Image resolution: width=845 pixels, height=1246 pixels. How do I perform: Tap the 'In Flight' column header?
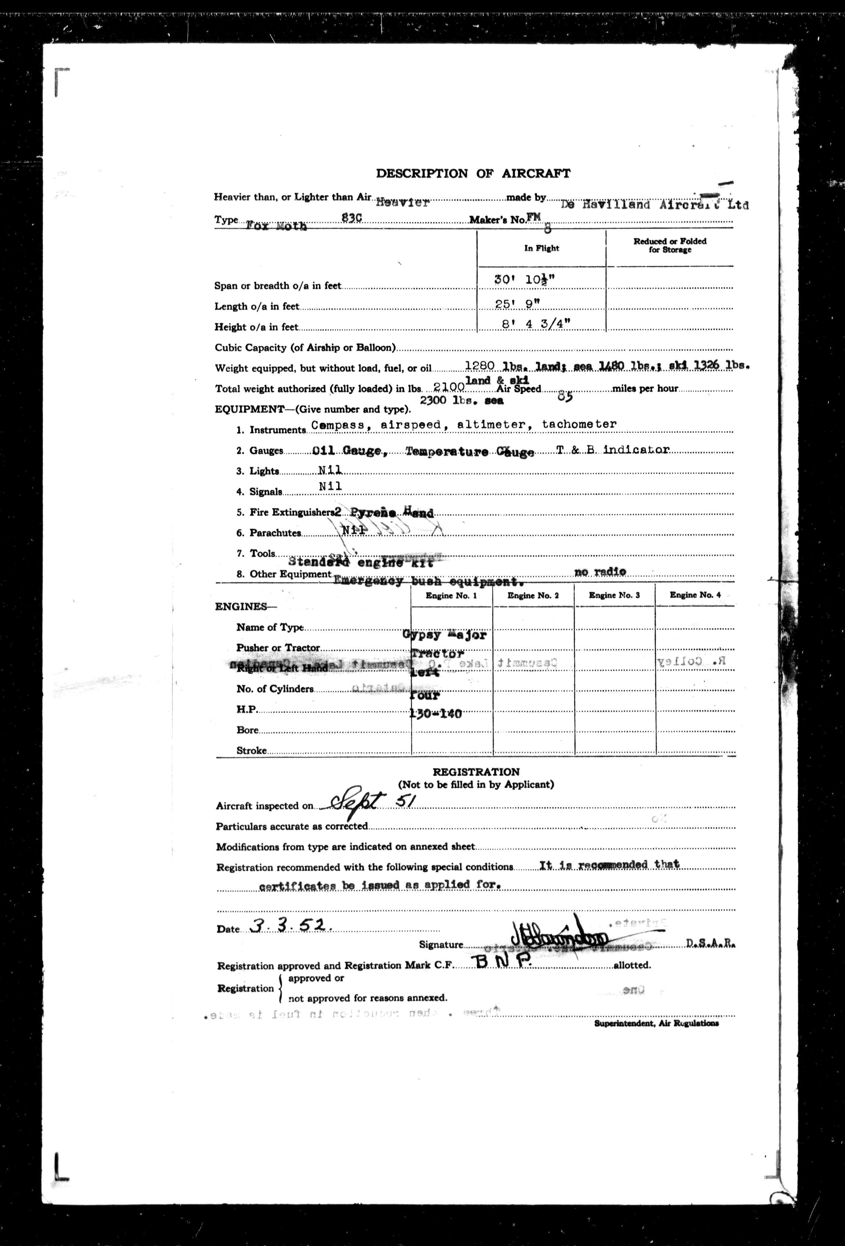coord(541,248)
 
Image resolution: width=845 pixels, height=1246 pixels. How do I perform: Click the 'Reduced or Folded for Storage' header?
coord(670,245)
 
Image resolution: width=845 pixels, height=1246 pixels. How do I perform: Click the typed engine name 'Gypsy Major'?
coord(445,635)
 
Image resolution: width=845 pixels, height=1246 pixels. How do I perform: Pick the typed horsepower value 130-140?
coord(436,714)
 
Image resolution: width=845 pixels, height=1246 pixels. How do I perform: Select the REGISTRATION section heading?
coord(476,772)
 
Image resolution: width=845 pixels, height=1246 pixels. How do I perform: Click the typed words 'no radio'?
coord(600,572)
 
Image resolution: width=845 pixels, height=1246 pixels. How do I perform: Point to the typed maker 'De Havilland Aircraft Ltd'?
coord(654,204)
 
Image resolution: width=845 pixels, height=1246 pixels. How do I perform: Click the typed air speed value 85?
coord(565,397)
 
